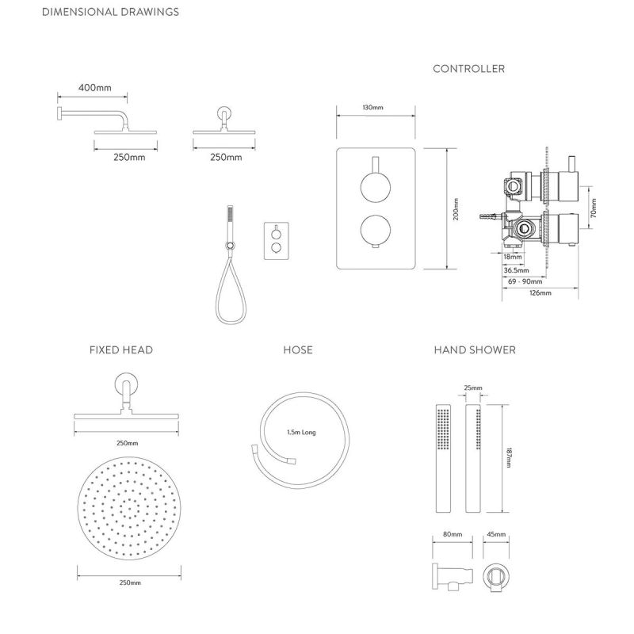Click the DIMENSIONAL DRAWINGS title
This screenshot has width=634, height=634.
coord(110,12)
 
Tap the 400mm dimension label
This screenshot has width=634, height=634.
coord(95,87)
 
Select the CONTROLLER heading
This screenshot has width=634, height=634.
coord(469,69)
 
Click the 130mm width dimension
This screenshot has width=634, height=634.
coord(372,108)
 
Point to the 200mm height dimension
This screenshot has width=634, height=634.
coord(456,209)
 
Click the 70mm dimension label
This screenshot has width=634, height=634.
coord(593,208)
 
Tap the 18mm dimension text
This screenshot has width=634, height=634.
coord(513,257)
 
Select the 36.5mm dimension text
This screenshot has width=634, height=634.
coord(517,270)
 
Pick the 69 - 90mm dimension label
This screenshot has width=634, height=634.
coord(525,281)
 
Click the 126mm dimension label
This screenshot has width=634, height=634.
coord(540,292)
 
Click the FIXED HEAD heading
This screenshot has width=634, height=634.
coord(121,349)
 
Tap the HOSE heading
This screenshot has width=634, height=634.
coord(298,349)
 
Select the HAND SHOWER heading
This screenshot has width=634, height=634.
coord(475,349)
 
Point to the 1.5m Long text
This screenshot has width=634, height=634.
coord(301,432)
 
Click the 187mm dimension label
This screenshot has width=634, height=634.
coord(509,458)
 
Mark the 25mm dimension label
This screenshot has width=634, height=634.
coord(473,388)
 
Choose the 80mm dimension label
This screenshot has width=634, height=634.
coord(453,534)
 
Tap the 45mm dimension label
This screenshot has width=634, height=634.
coord(496,534)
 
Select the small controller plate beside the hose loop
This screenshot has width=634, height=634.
coord(277,241)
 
